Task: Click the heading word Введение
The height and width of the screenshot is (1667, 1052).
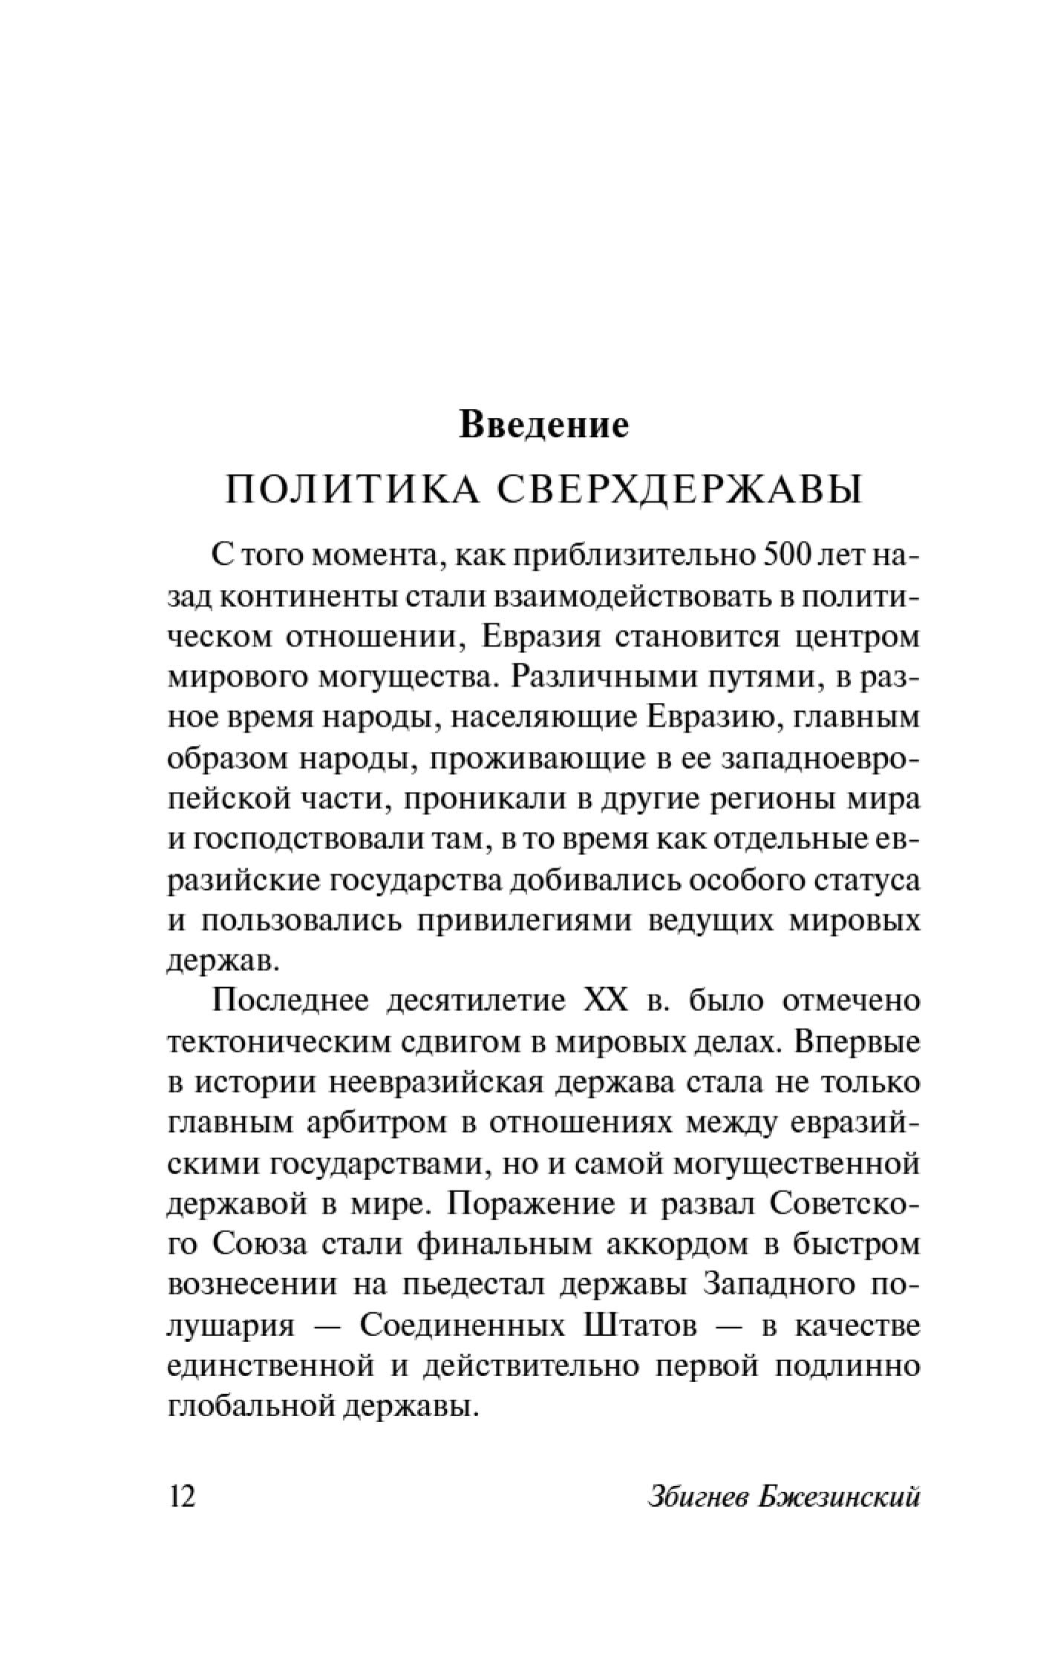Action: (543, 426)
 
